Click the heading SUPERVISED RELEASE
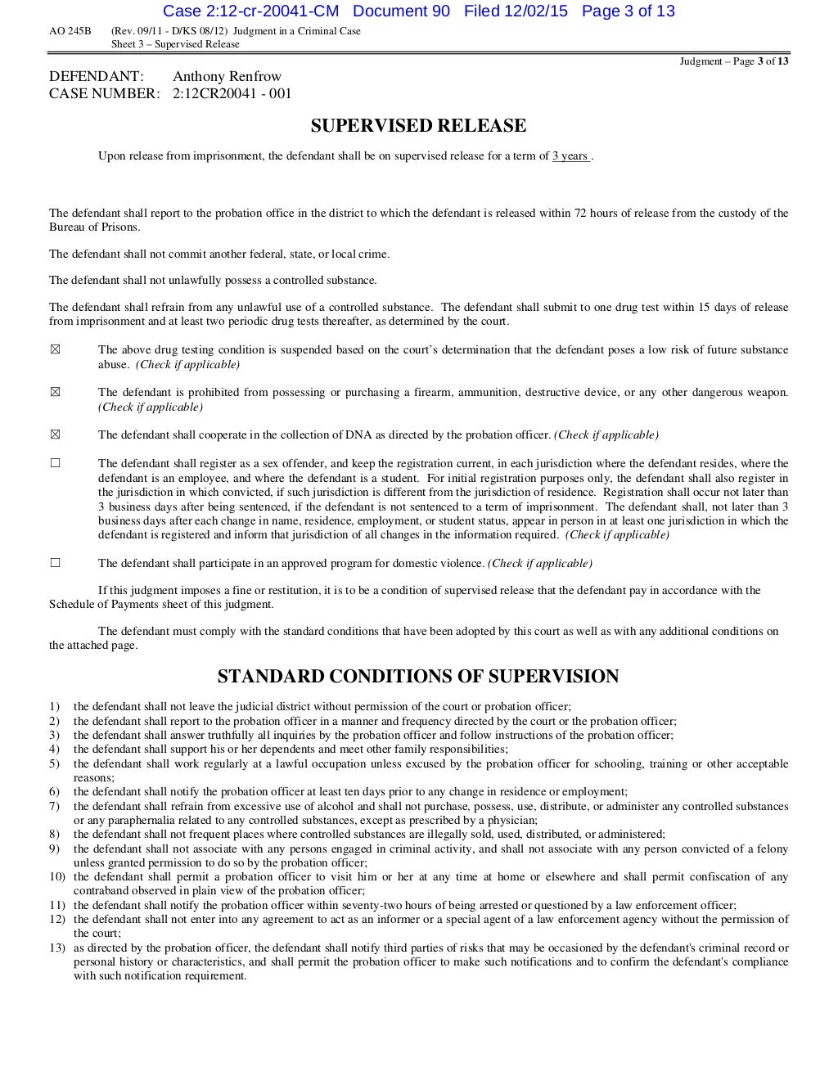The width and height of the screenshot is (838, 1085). click(418, 126)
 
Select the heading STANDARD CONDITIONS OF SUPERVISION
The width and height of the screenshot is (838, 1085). click(418, 677)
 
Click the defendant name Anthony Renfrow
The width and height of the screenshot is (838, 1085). click(227, 77)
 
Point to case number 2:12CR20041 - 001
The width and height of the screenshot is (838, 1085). click(232, 94)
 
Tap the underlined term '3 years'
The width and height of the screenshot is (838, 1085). click(570, 156)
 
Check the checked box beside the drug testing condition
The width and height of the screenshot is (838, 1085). click(55, 350)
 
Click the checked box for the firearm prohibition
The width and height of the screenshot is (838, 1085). click(55, 393)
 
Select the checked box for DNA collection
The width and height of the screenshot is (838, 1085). click(55, 434)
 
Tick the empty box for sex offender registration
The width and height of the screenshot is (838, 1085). click(55, 463)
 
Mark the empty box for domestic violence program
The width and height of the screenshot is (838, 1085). click(55, 563)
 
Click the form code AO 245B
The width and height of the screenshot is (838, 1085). click(70, 32)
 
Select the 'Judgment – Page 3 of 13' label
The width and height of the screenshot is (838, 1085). click(734, 61)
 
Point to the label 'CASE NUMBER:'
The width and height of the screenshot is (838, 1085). click(104, 94)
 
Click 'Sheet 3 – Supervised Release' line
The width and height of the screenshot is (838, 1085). click(175, 44)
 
